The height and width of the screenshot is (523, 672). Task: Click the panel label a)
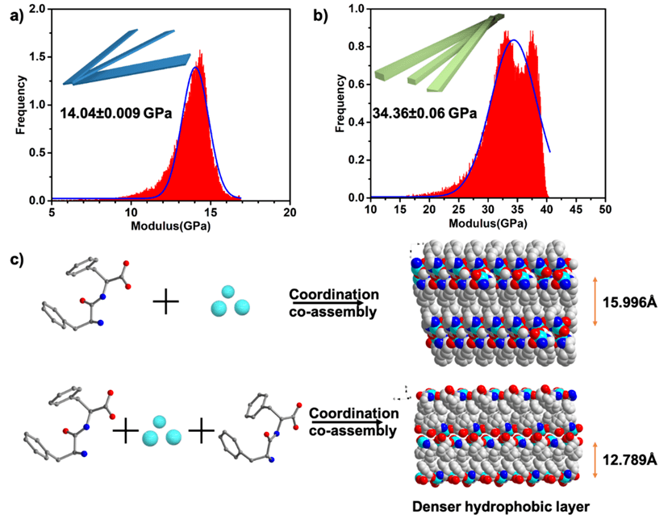click(14, 14)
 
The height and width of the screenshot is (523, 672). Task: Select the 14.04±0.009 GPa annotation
click(115, 114)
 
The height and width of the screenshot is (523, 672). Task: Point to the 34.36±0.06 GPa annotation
click(424, 113)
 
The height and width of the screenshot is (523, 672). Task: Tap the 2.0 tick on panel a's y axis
click(35, 9)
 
